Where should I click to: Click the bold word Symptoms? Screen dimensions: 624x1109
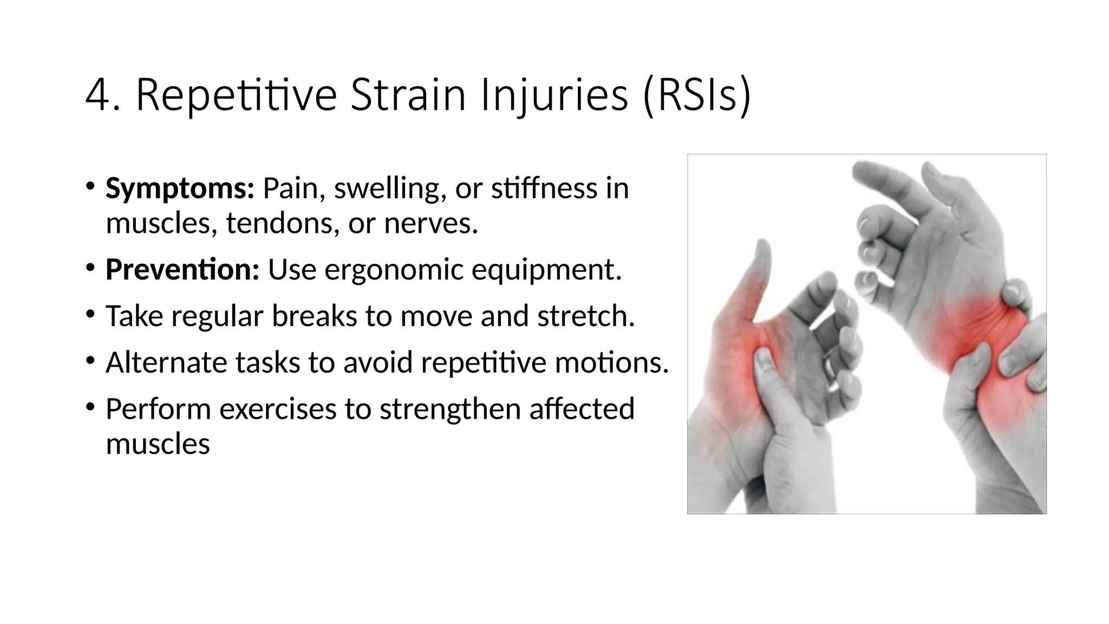click(x=180, y=188)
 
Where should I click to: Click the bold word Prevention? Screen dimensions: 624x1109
click(x=182, y=269)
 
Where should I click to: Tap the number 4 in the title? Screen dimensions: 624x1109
click(x=98, y=96)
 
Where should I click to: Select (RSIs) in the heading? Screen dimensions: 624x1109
click(x=697, y=96)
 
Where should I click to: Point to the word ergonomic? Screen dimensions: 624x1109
click(x=394, y=269)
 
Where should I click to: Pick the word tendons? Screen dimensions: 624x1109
click(x=282, y=223)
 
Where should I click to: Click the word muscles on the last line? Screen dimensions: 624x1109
click(x=158, y=444)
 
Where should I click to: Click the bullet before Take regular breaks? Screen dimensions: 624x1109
click(x=90, y=314)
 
